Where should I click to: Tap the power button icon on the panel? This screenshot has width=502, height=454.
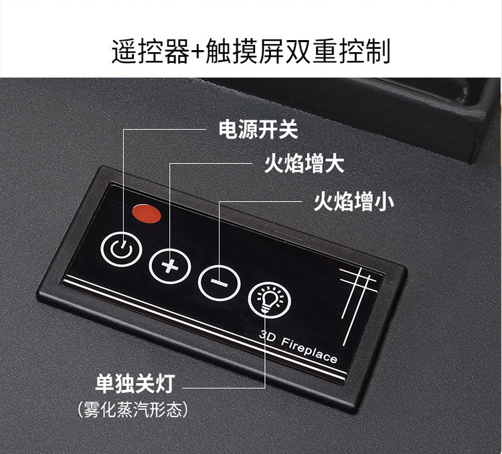pyautogui.click(x=121, y=249)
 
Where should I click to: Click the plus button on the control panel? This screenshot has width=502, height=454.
pyautogui.click(x=169, y=266)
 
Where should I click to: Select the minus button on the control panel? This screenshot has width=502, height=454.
pyautogui.click(x=219, y=281)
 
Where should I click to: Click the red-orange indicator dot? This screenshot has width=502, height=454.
pyautogui.click(x=147, y=213)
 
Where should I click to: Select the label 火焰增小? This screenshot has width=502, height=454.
pyautogui.click(x=355, y=201)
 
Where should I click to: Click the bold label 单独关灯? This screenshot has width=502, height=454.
pyautogui.click(x=135, y=384)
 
